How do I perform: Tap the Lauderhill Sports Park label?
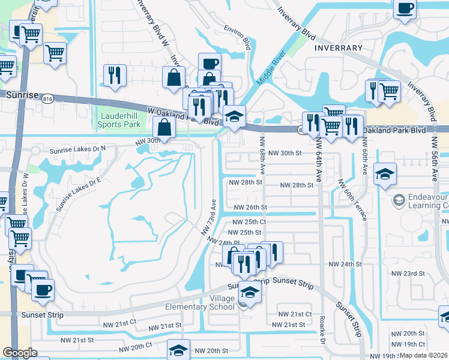119,120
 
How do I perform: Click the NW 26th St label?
250,207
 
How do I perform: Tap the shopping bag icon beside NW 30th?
164,127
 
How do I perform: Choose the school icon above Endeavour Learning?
384,175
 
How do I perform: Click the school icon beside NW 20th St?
178,350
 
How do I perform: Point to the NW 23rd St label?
408,273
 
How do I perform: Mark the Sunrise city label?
23,95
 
